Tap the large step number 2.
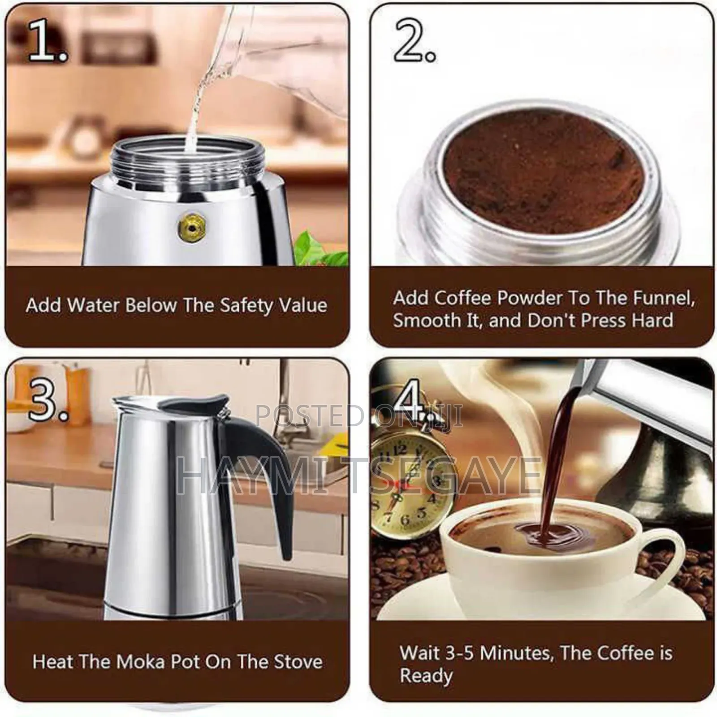[413, 41]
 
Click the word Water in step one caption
[93, 306]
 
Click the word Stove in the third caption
[298, 662]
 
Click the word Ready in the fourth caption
[426, 676]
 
